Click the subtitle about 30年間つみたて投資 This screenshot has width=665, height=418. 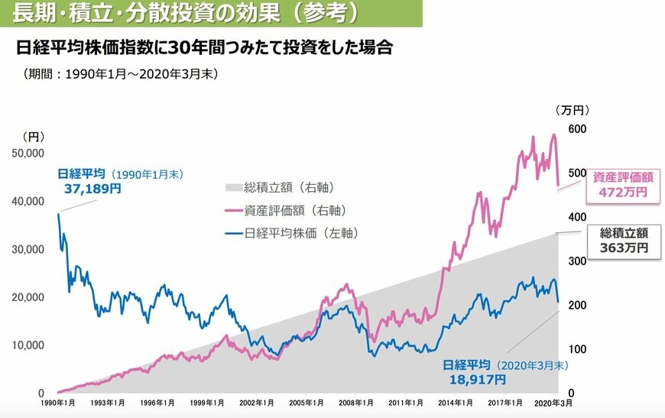tap(205, 48)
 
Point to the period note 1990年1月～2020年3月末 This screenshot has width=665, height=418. tap(122, 74)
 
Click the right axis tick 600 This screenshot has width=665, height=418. tap(576, 129)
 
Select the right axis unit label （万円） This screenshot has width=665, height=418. tap(573, 110)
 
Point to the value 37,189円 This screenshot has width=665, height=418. tap(92, 188)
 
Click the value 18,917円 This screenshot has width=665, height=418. tap(475, 378)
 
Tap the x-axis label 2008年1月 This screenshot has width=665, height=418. tap(355, 402)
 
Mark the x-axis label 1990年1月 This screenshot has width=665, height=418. tap(58, 402)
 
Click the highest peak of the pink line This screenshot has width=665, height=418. tap(553, 134)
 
